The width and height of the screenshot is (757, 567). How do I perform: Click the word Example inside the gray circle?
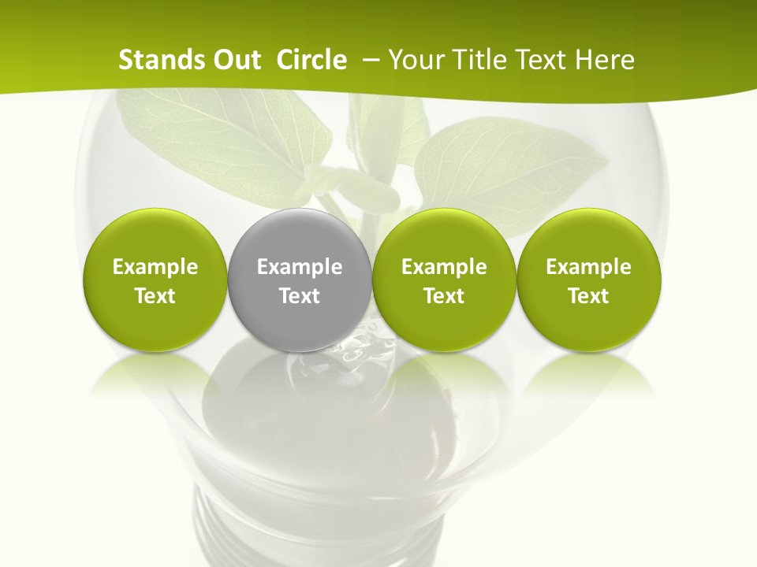[x=300, y=267]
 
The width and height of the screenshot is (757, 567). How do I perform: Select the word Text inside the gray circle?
[x=300, y=296]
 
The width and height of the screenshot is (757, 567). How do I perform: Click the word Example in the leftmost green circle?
[x=155, y=267]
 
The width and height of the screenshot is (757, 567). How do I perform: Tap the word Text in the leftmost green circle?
[x=155, y=296]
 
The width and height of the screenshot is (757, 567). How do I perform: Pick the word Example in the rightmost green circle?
[x=588, y=267]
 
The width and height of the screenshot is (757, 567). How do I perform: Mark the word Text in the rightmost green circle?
[x=588, y=296]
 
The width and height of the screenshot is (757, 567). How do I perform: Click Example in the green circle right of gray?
[x=444, y=267]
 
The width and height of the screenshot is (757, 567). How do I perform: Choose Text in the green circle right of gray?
[x=444, y=296]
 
